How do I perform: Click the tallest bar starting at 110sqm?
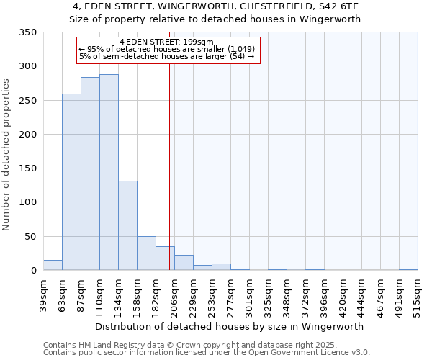pyautogui.click(x=109, y=173)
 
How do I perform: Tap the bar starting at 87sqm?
pyautogui.click(x=90, y=174)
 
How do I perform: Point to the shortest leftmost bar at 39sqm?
pyautogui.click(x=53, y=265)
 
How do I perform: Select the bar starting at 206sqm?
pyautogui.click(x=184, y=263)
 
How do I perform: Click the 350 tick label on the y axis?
pyautogui.click(x=27, y=32)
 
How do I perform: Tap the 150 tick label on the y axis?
pyautogui.click(x=27, y=168)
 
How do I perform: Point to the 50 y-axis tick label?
pyautogui.click(x=30, y=237)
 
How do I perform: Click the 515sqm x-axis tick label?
pyautogui.click(x=418, y=296)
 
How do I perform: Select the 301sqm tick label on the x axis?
pyautogui.click(x=250, y=296)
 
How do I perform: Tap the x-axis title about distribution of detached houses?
pyautogui.click(x=229, y=326)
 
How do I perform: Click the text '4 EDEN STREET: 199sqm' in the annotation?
pyautogui.click(x=166, y=42)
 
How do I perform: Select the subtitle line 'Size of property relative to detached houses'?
pyautogui.click(x=216, y=19)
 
